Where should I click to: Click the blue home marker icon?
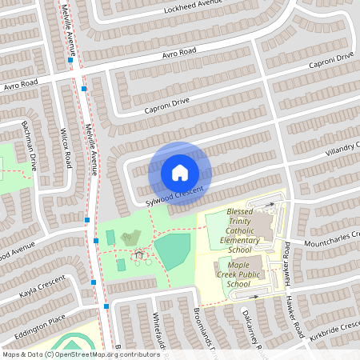click(180, 172)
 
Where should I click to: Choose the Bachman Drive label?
click(31, 152)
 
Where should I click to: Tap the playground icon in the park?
click(140, 255)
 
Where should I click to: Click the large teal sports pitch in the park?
click(172, 251)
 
